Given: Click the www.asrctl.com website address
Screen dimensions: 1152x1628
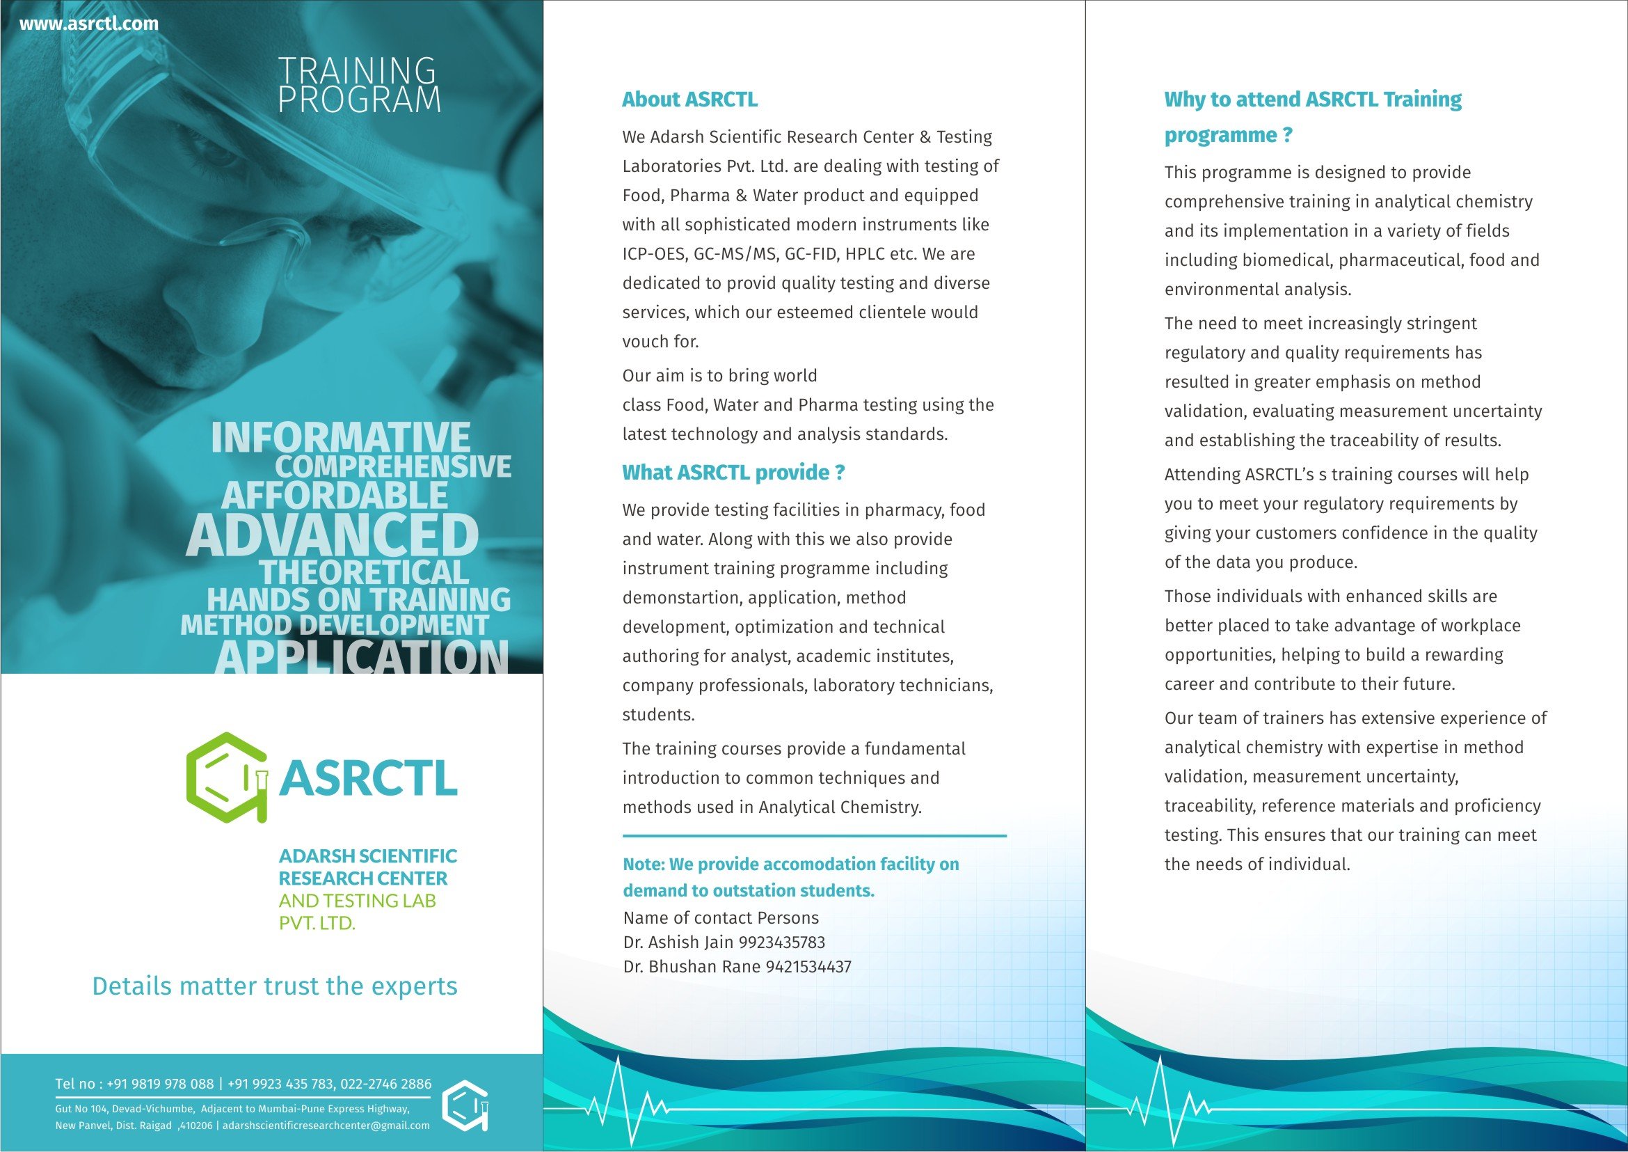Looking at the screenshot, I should point(88,24).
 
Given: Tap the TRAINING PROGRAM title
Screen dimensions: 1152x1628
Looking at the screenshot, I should point(359,85).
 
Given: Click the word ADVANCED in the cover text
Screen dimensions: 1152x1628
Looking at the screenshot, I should point(333,535).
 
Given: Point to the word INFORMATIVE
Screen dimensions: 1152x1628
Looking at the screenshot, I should point(340,437).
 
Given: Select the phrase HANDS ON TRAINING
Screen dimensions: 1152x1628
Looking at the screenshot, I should point(358,600).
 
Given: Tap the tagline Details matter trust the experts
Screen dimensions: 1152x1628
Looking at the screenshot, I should point(274,986).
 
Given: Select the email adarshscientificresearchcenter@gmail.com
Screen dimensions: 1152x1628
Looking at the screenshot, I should point(326,1126).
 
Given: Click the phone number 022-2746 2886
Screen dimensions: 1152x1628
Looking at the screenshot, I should point(385,1084).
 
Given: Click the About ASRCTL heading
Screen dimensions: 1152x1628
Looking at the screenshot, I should point(689,100).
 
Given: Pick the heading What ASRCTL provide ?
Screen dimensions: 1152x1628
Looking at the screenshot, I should point(733,473).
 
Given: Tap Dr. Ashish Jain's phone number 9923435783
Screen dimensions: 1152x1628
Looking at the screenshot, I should point(782,942).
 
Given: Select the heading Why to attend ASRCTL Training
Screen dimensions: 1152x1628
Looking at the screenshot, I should point(1312,100).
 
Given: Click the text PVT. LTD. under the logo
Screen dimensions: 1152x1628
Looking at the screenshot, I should point(317,924).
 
